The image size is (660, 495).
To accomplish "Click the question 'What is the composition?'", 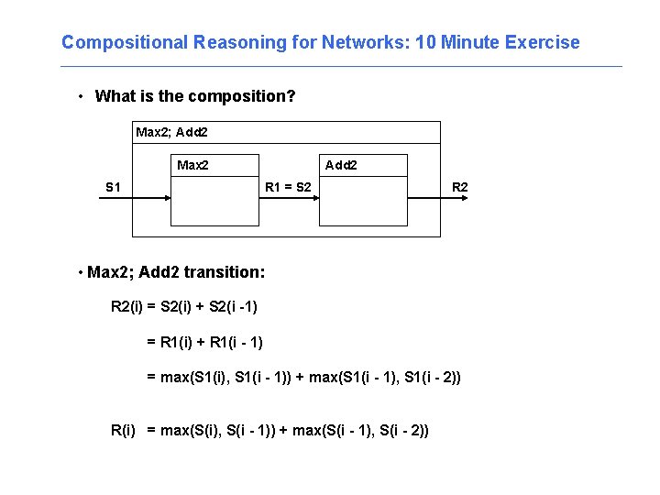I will coord(194,96).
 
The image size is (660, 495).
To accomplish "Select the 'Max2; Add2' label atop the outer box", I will coord(171,133).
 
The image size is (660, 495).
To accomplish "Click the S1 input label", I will coord(113,188).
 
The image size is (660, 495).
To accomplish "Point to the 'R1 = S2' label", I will coord(287,188).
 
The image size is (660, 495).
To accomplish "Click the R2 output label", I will coord(459,188).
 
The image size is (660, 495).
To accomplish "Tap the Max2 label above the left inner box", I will coord(192,166).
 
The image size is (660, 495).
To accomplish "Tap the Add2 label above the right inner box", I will coord(341,166).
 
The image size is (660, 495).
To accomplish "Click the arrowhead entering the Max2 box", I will coord(168,200).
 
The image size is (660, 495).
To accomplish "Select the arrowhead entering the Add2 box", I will coord(315,200).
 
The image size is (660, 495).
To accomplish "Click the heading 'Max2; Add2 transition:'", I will coord(175,272).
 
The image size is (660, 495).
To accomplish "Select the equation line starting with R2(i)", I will coord(190,307).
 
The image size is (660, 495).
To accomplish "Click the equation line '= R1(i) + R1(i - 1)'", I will coord(205,342).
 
